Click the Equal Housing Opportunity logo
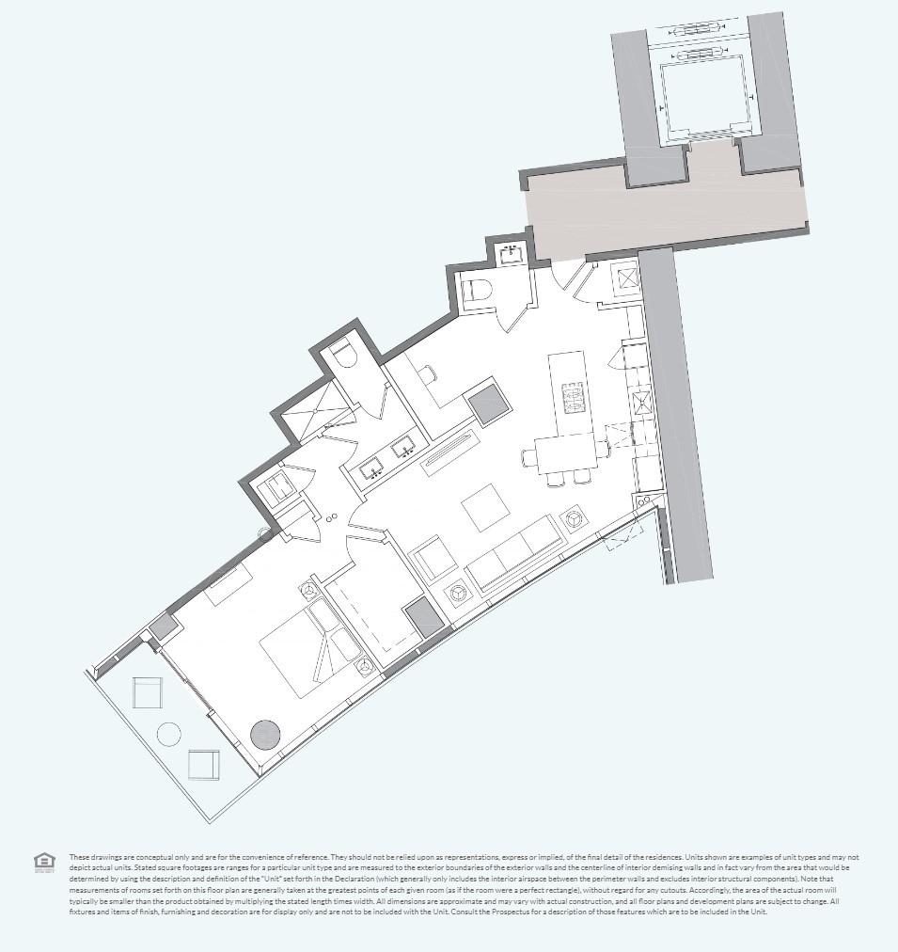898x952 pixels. point(44,862)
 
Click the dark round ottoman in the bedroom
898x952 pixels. point(265,734)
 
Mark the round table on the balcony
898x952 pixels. point(169,733)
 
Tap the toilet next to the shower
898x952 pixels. point(342,355)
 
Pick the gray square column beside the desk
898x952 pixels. point(488,404)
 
